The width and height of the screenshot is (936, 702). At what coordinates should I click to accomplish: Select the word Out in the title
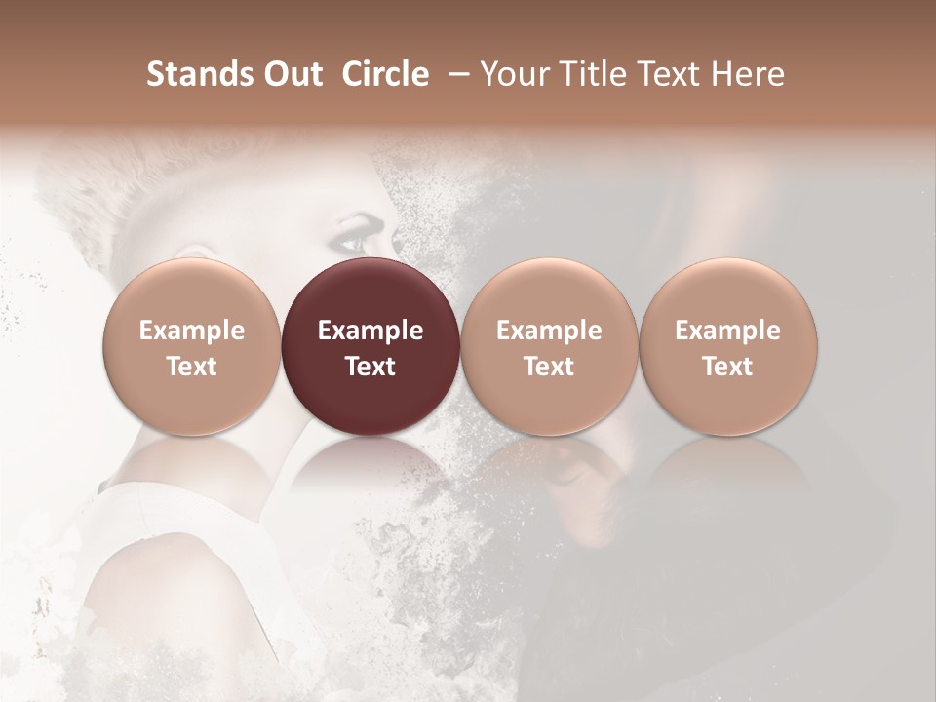click(291, 74)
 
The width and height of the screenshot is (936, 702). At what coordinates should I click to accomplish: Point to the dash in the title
click(454, 74)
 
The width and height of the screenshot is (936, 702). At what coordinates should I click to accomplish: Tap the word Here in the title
click(747, 74)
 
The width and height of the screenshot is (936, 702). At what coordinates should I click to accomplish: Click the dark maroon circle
click(370, 346)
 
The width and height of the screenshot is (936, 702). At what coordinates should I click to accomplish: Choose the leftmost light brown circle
click(191, 346)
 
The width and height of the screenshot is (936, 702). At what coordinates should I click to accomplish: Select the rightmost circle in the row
click(728, 346)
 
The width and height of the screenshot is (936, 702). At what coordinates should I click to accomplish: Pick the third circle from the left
click(549, 346)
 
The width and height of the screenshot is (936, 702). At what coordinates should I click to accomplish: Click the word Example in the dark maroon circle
click(370, 331)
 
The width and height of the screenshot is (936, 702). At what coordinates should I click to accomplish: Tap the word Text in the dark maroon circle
click(370, 367)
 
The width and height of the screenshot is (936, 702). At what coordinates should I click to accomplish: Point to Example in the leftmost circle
click(191, 331)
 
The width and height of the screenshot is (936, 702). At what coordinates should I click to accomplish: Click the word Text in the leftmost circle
click(191, 367)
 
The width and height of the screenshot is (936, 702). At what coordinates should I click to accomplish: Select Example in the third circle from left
click(549, 331)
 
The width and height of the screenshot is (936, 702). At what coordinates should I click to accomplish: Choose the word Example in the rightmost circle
click(728, 331)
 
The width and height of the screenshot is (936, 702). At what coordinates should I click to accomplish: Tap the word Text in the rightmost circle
click(728, 367)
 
